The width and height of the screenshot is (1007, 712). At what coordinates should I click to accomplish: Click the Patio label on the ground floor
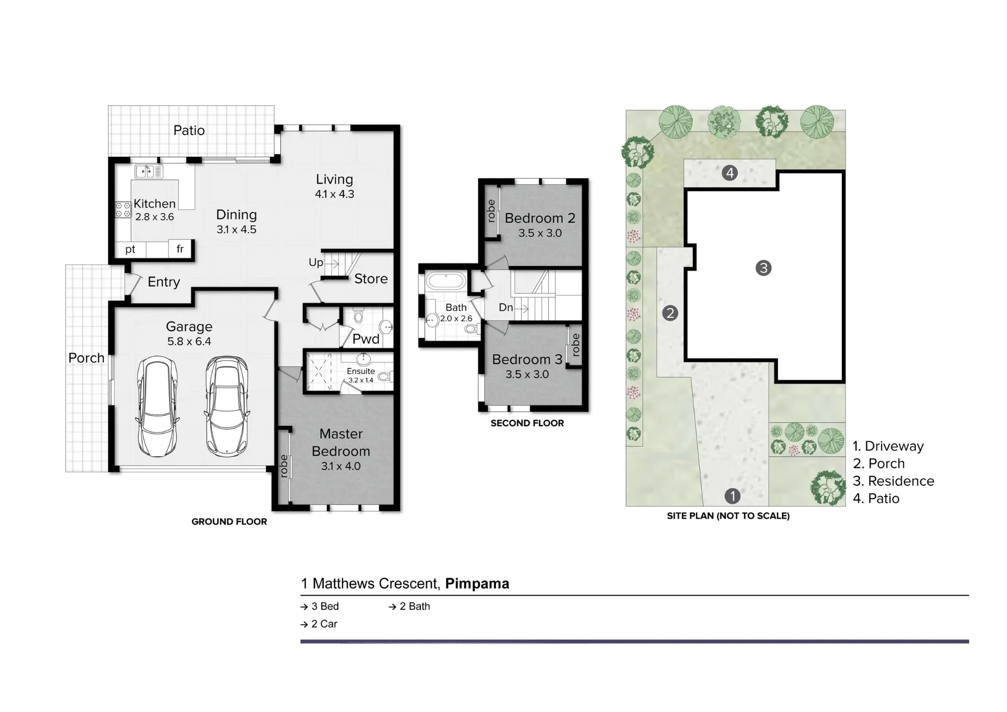coord(189,131)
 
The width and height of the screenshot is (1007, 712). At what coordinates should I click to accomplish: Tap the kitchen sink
coord(149,171)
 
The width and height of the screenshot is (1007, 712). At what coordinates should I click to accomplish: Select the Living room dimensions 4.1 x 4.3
coord(334,194)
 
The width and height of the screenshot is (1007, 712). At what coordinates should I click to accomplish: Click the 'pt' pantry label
coord(130,249)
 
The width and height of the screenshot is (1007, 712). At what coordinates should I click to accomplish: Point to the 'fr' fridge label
coord(180,249)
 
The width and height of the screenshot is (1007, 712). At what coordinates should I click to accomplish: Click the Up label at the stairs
coord(316,263)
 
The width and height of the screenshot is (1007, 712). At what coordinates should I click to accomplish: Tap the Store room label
coord(371,279)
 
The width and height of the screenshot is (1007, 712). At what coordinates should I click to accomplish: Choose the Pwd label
coord(366,339)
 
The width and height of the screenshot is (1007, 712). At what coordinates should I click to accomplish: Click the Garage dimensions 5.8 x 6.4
coord(189,342)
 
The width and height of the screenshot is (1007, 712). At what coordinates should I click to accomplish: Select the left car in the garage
coord(157,406)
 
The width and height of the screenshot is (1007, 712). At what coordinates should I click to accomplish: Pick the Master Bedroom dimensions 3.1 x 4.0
coord(341,466)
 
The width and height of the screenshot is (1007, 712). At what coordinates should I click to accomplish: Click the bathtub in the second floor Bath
coord(446,281)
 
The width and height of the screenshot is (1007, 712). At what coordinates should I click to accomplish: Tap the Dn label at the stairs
coord(506,307)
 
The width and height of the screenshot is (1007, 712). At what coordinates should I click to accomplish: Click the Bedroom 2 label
coord(540,218)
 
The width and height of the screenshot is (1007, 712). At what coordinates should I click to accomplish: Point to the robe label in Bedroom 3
coord(576,345)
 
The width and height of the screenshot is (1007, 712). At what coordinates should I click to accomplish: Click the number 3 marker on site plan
coord(763,268)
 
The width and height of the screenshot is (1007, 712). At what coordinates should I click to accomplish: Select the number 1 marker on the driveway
coord(732,496)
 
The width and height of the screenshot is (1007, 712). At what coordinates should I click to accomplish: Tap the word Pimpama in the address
coord(477,584)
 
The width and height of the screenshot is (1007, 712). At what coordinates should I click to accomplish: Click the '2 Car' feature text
coord(324,624)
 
